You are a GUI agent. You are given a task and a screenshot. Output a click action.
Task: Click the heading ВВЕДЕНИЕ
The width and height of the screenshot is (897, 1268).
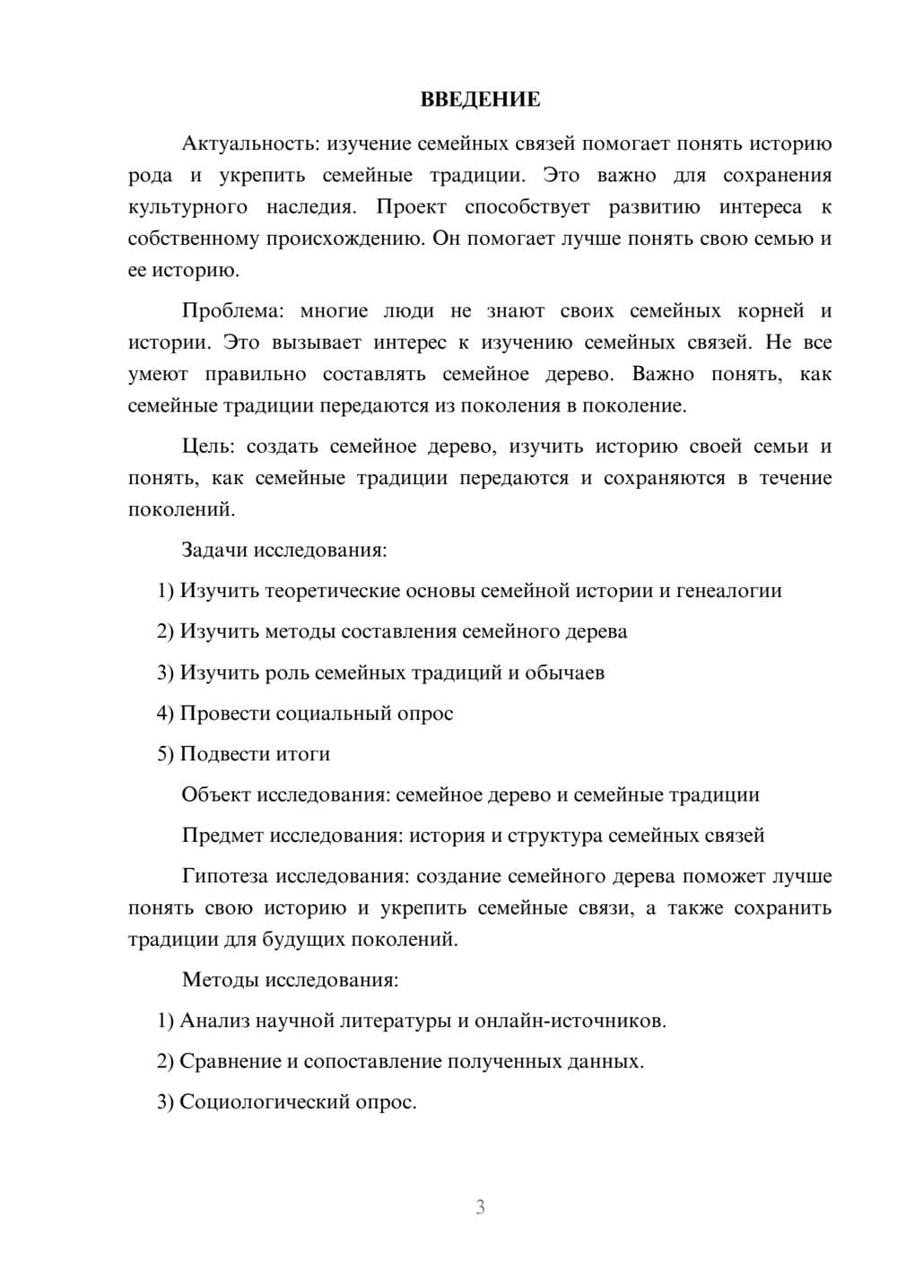[x=480, y=100]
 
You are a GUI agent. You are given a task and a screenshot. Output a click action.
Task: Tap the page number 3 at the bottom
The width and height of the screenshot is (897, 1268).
[x=480, y=1207]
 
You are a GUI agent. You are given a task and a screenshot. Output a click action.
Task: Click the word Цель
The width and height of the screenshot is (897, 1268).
[x=207, y=447]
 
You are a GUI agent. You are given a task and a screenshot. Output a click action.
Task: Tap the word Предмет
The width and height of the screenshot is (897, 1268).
[x=223, y=836]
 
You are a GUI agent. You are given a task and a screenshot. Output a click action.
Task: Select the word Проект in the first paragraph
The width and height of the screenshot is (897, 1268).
[x=411, y=207]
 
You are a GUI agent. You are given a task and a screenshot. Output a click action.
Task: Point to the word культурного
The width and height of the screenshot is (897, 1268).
[x=187, y=207]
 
